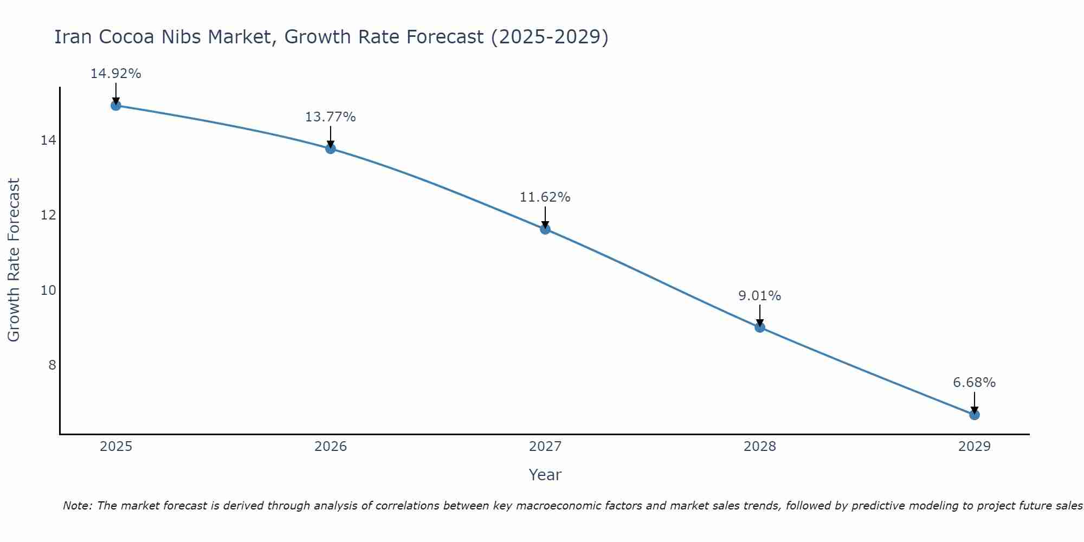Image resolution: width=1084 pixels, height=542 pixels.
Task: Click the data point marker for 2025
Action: coord(115,105)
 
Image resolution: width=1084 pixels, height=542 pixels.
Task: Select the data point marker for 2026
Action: coord(331,149)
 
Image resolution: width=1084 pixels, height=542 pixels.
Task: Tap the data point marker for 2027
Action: coord(545,229)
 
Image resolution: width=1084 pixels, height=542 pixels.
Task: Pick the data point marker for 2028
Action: coord(760,327)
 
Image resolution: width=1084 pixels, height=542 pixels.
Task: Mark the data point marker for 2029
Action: coord(975,415)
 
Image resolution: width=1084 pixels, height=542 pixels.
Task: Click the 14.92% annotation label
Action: coord(115,74)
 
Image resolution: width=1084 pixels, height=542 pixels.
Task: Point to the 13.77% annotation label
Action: coord(330,117)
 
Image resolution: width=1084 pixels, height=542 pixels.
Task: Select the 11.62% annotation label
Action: coord(545,197)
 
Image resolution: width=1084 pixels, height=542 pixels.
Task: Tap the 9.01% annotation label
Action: coord(759,296)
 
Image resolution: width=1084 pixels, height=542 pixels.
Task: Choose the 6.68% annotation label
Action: coord(974,383)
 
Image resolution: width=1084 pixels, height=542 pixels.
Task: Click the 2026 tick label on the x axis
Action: coord(331,447)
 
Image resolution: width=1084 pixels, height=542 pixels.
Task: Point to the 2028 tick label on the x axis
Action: coord(760,447)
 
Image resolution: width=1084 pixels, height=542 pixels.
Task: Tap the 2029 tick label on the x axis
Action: coord(975,447)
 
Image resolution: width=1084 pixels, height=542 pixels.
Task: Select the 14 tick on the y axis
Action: coord(48,140)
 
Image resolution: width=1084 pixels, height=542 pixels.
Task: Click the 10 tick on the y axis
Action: coord(48,291)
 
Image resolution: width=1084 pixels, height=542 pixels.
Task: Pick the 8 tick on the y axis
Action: coord(52,365)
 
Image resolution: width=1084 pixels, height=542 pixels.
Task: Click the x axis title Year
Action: coord(545,475)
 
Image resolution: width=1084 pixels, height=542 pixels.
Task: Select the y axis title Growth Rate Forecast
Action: coord(14,260)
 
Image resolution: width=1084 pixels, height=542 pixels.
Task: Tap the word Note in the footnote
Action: coord(78,506)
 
